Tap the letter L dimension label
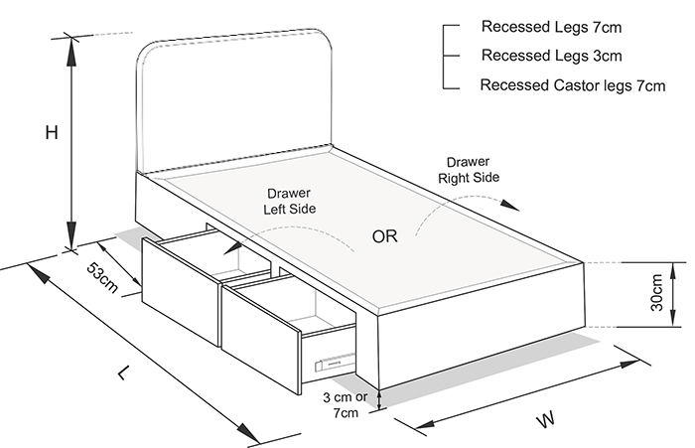(123, 373)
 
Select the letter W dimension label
(545, 420)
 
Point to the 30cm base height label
(656, 294)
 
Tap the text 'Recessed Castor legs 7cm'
(572, 85)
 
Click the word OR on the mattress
(386, 236)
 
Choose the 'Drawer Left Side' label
(289, 202)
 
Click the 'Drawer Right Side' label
(468, 170)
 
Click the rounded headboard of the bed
(233, 99)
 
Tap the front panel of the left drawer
(179, 289)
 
